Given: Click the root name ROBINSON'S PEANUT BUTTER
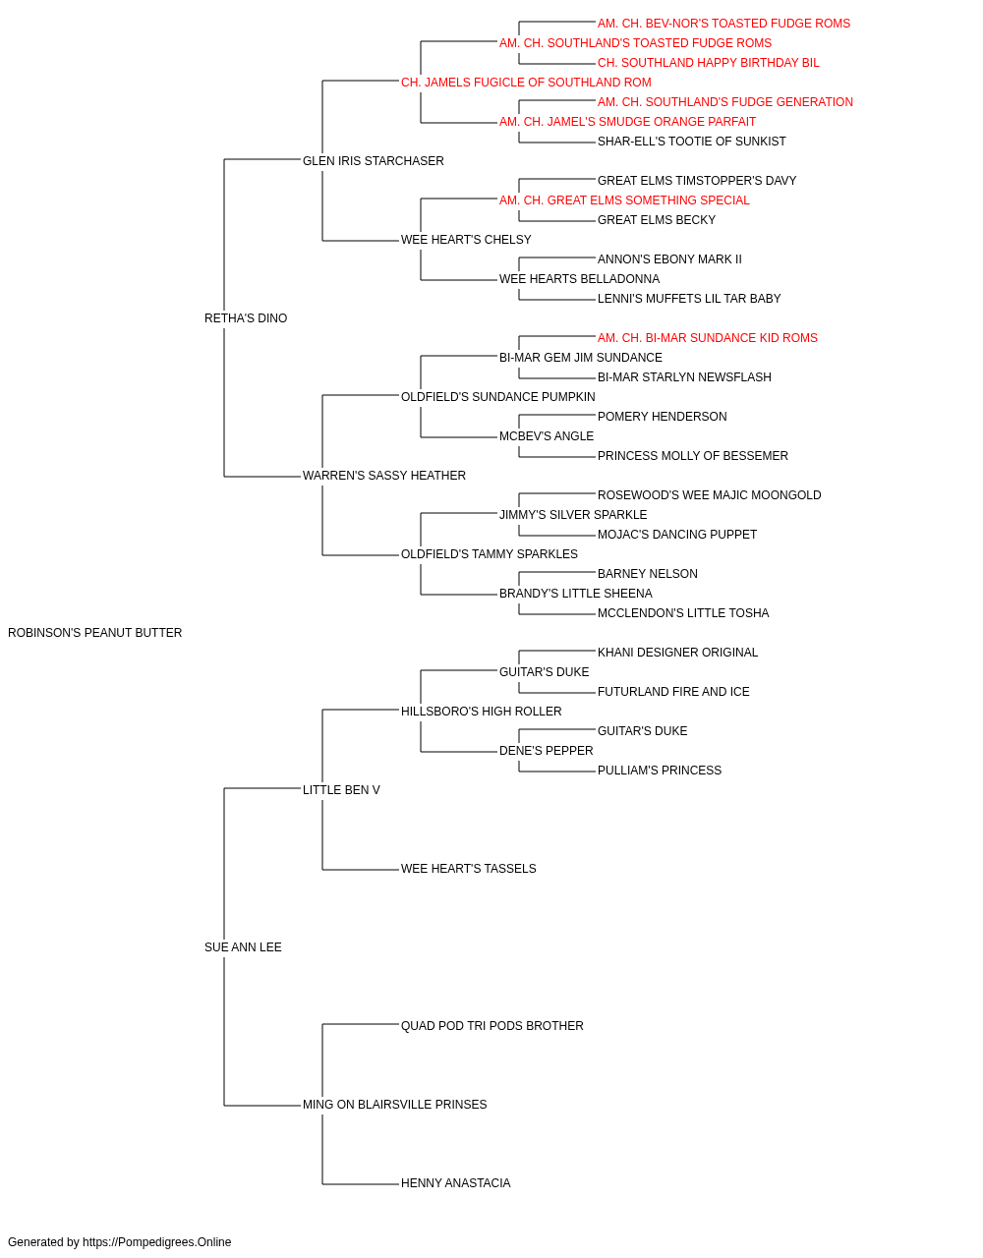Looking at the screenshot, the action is point(95,633).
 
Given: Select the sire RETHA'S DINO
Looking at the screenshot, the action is point(246,318).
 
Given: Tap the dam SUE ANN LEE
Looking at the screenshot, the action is point(243,947).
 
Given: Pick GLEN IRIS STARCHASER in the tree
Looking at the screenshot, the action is point(374,161).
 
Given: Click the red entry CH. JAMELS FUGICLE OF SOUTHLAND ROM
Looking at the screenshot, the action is point(526,83).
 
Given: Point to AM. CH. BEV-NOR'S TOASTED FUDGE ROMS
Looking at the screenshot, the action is point(723,24).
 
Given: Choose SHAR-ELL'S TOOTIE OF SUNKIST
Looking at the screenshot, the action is point(692,142).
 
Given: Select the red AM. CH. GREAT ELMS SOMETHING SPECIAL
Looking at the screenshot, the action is point(624,200).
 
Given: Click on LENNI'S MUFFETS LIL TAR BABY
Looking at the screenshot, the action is point(689,299).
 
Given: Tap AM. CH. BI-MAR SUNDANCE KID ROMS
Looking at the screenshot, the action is point(708,338).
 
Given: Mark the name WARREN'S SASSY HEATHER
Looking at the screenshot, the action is point(384,476).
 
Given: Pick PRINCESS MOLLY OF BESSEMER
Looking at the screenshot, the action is point(693,456).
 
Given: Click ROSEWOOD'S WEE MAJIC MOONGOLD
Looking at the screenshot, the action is point(709,495).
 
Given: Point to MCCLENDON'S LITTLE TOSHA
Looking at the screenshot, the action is point(683,613).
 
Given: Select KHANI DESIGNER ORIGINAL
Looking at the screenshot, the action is point(678,653).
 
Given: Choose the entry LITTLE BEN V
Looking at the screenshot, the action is point(341,790).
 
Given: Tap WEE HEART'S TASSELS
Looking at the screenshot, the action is point(469,869).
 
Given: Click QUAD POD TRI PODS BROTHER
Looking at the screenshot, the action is point(492,1026).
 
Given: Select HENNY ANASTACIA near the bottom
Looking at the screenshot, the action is point(455,1183).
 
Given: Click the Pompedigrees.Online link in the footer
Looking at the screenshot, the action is point(157,1242).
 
